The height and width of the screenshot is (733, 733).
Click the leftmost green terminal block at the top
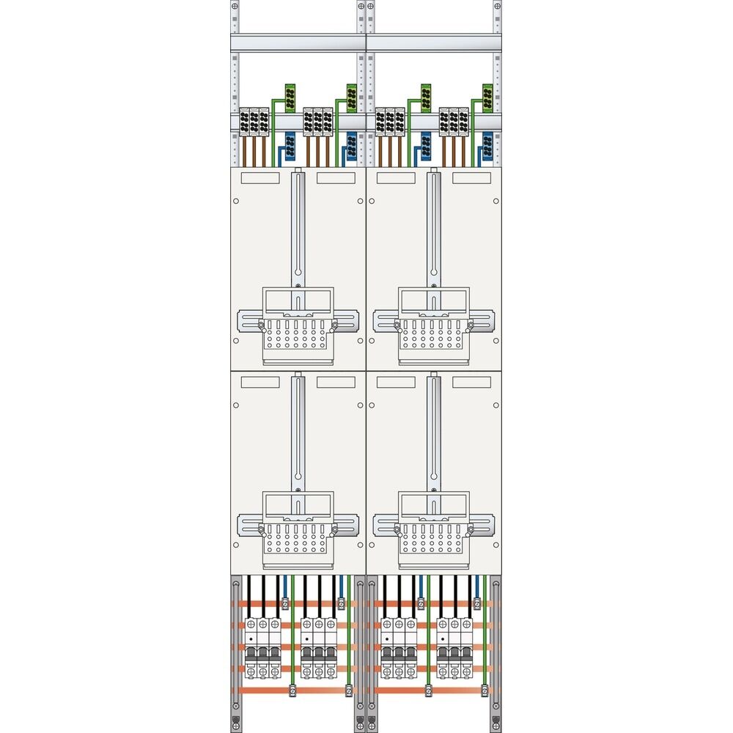tap(290, 96)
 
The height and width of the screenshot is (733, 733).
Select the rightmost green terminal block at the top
tap(487, 96)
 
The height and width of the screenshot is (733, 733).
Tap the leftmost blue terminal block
tap(290, 144)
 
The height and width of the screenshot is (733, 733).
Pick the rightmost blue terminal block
tap(487, 144)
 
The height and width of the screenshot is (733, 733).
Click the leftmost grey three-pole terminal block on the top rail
tap(254, 122)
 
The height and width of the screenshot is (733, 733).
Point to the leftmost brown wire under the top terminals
tap(244, 150)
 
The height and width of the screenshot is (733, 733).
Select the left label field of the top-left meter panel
tap(260, 177)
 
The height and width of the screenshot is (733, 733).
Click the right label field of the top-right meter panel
tap(471, 177)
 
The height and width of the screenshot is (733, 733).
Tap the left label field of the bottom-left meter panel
tap(260, 382)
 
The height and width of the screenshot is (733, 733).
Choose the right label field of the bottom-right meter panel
tap(471, 382)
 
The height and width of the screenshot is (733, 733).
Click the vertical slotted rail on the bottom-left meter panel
tap(298, 432)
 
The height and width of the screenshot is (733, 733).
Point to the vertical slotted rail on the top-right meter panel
tap(434, 227)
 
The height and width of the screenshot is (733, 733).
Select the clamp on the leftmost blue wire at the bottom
tap(284, 603)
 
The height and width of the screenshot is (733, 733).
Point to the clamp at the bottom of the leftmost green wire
tap(292, 689)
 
